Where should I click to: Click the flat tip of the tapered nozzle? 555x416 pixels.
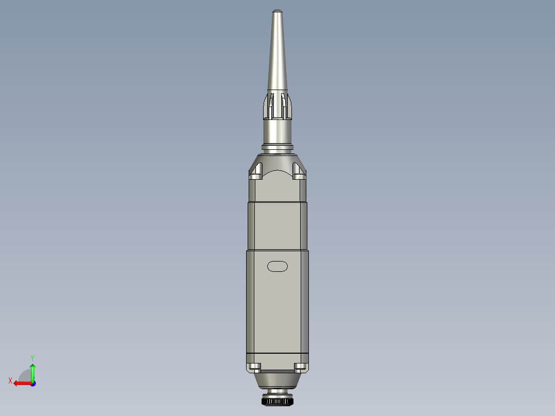tap(277, 11)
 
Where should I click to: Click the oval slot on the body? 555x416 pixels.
tap(277, 266)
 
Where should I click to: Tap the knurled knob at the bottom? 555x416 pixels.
tap(277, 401)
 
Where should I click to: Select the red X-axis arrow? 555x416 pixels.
tap(22, 383)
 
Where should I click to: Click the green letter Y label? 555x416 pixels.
tap(32, 357)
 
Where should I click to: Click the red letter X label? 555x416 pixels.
tap(10, 380)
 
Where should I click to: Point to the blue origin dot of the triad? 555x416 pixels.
tap(32, 383)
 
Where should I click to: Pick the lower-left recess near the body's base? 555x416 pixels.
tap(254, 367)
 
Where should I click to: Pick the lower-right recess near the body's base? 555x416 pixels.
tap(300, 367)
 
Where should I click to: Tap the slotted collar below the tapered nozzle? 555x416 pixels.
tap(277, 106)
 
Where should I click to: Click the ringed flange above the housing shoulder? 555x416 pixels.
tap(277, 148)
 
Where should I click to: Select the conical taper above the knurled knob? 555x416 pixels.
tap(277, 381)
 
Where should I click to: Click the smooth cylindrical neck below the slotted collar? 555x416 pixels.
tap(277, 131)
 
